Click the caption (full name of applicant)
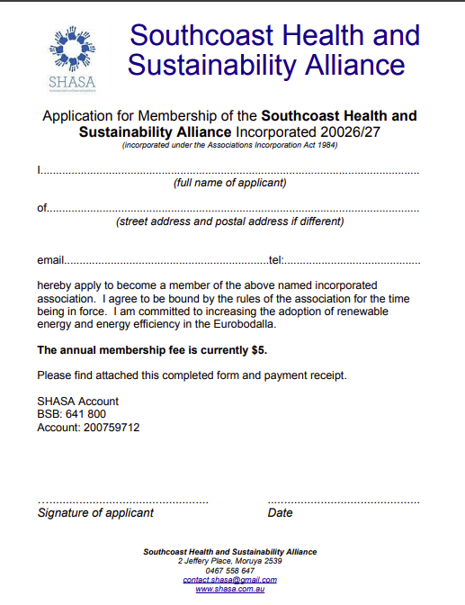tap(229, 183)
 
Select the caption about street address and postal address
tap(229, 221)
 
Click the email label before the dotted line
tap(50, 260)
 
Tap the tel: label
tap(276, 260)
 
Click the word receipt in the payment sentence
tap(325, 375)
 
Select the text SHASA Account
tap(78, 402)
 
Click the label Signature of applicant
tap(95, 513)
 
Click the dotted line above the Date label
tap(344, 500)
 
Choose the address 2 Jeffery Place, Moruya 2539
tap(229, 561)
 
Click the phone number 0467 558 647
tap(229, 571)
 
